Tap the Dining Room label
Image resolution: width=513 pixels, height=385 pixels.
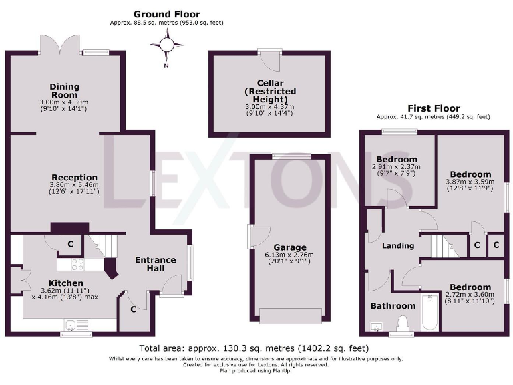point(65,91)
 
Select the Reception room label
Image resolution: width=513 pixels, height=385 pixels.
point(74,178)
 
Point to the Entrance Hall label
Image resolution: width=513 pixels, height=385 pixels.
point(155,264)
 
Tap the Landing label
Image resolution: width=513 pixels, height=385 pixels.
point(398,245)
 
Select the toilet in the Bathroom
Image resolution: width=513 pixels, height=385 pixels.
point(403,324)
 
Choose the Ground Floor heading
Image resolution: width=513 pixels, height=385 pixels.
point(166,14)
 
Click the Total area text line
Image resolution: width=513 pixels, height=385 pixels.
point(253,348)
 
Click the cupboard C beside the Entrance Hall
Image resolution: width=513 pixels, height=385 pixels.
point(134,309)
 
